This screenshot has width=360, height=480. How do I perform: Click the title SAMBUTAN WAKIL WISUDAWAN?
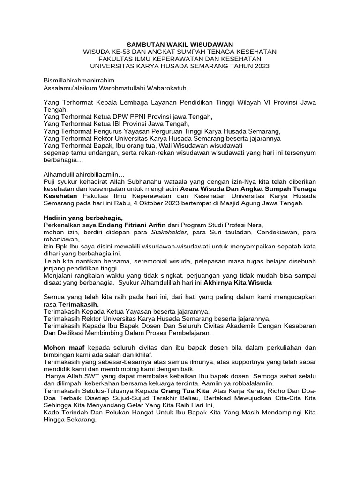[x=180, y=44]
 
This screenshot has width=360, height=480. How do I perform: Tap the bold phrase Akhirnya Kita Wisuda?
[x=238, y=283]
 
